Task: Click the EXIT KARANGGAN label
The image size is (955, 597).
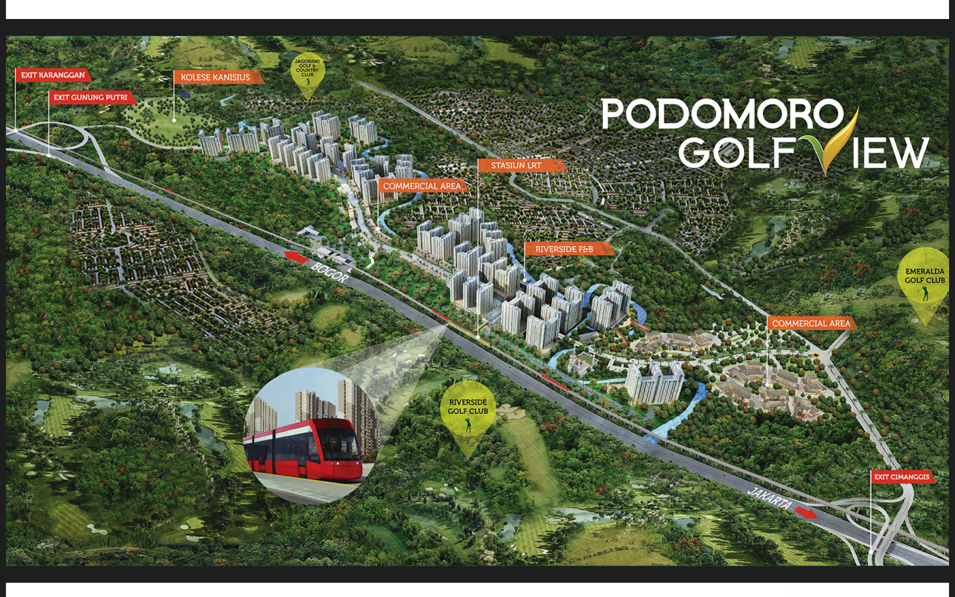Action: pos(53,75)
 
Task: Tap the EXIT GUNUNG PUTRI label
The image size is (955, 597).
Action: pos(91,97)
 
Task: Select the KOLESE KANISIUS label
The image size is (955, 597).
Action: pos(215,78)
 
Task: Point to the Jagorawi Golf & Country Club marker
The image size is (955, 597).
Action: pos(307,70)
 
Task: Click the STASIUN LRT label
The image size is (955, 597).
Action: pos(517,165)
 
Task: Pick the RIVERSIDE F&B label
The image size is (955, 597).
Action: pos(565,249)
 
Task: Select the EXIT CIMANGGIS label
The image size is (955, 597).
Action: pos(902,477)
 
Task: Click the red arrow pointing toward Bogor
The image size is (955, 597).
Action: pos(296,257)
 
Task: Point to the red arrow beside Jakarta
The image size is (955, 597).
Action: pos(806,512)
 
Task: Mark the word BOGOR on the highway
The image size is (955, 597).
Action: pos(329,272)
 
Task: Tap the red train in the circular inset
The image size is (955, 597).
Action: pos(304,451)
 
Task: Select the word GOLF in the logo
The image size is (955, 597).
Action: pos(737,152)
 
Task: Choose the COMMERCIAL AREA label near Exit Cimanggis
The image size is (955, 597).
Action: pos(811,324)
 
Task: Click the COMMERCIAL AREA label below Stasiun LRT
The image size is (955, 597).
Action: pos(422,186)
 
